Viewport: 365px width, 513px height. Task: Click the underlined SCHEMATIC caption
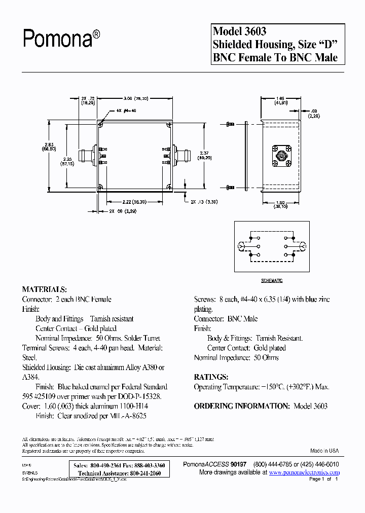(x=272, y=280)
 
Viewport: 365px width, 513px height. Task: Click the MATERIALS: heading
(x=45, y=289)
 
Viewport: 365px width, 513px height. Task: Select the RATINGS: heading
(x=211, y=377)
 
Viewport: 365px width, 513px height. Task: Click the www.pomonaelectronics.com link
(x=304, y=472)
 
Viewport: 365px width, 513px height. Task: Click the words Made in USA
(x=324, y=451)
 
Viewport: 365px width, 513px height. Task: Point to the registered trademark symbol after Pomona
(x=96, y=33)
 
